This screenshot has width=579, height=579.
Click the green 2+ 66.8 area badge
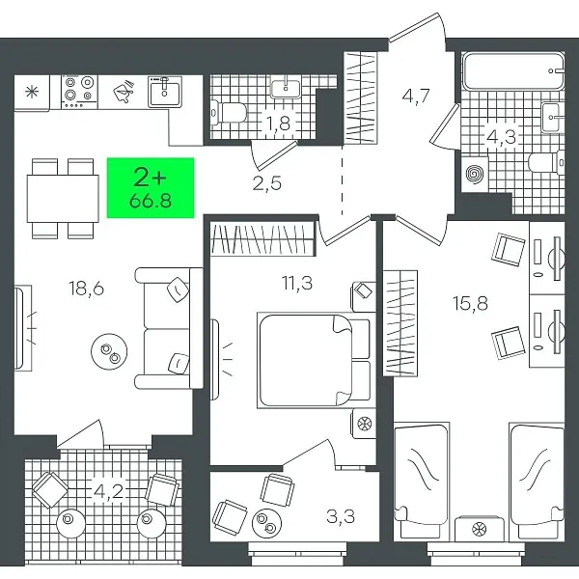coord(151,187)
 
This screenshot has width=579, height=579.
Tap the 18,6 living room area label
coord(87,288)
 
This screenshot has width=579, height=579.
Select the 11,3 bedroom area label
coord(297,283)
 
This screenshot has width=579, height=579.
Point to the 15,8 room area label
coord(471,303)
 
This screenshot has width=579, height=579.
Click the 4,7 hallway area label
coord(416,96)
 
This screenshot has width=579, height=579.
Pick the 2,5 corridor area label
coord(267,183)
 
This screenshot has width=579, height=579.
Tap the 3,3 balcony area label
coord(341,516)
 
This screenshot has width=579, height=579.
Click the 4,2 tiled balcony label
coord(108,491)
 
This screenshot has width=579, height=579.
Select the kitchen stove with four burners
coord(79,92)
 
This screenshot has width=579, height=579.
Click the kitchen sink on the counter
coord(165,92)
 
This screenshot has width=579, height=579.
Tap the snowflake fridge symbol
coord(32,92)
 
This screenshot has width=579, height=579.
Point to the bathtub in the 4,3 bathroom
coord(513,70)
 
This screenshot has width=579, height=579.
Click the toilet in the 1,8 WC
coord(228,112)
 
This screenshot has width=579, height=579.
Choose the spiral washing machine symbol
coord(475,174)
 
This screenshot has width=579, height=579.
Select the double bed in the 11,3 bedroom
coord(314,360)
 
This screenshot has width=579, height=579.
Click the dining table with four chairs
coord(63,198)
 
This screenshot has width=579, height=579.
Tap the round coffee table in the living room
coord(109,351)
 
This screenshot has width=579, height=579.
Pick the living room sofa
coord(169,328)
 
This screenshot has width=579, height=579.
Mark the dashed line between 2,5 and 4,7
coord(343,179)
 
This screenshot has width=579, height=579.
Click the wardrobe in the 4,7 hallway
coord(361,97)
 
